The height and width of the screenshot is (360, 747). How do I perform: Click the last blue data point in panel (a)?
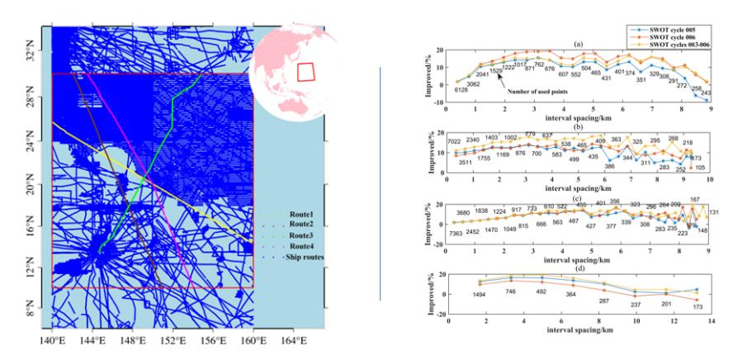click(707, 100)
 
